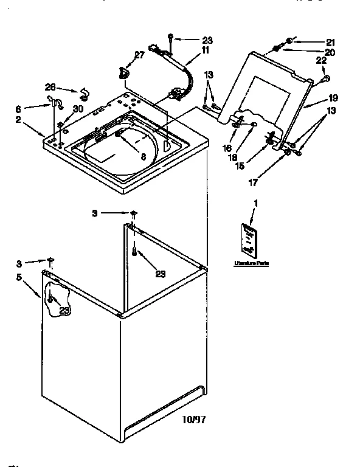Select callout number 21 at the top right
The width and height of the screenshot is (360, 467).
(330, 42)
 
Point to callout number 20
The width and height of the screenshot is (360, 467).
(330, 53)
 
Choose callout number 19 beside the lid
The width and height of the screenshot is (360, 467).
(333, 98)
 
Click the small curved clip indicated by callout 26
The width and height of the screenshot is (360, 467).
(83, 93)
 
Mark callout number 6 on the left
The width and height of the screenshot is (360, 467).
(35, 109)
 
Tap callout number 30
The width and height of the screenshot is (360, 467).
(77, 109)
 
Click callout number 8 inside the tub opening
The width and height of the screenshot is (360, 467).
(143, 156)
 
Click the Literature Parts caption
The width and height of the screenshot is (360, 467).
(251, 263)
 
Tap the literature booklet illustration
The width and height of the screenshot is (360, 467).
(248, 239)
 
